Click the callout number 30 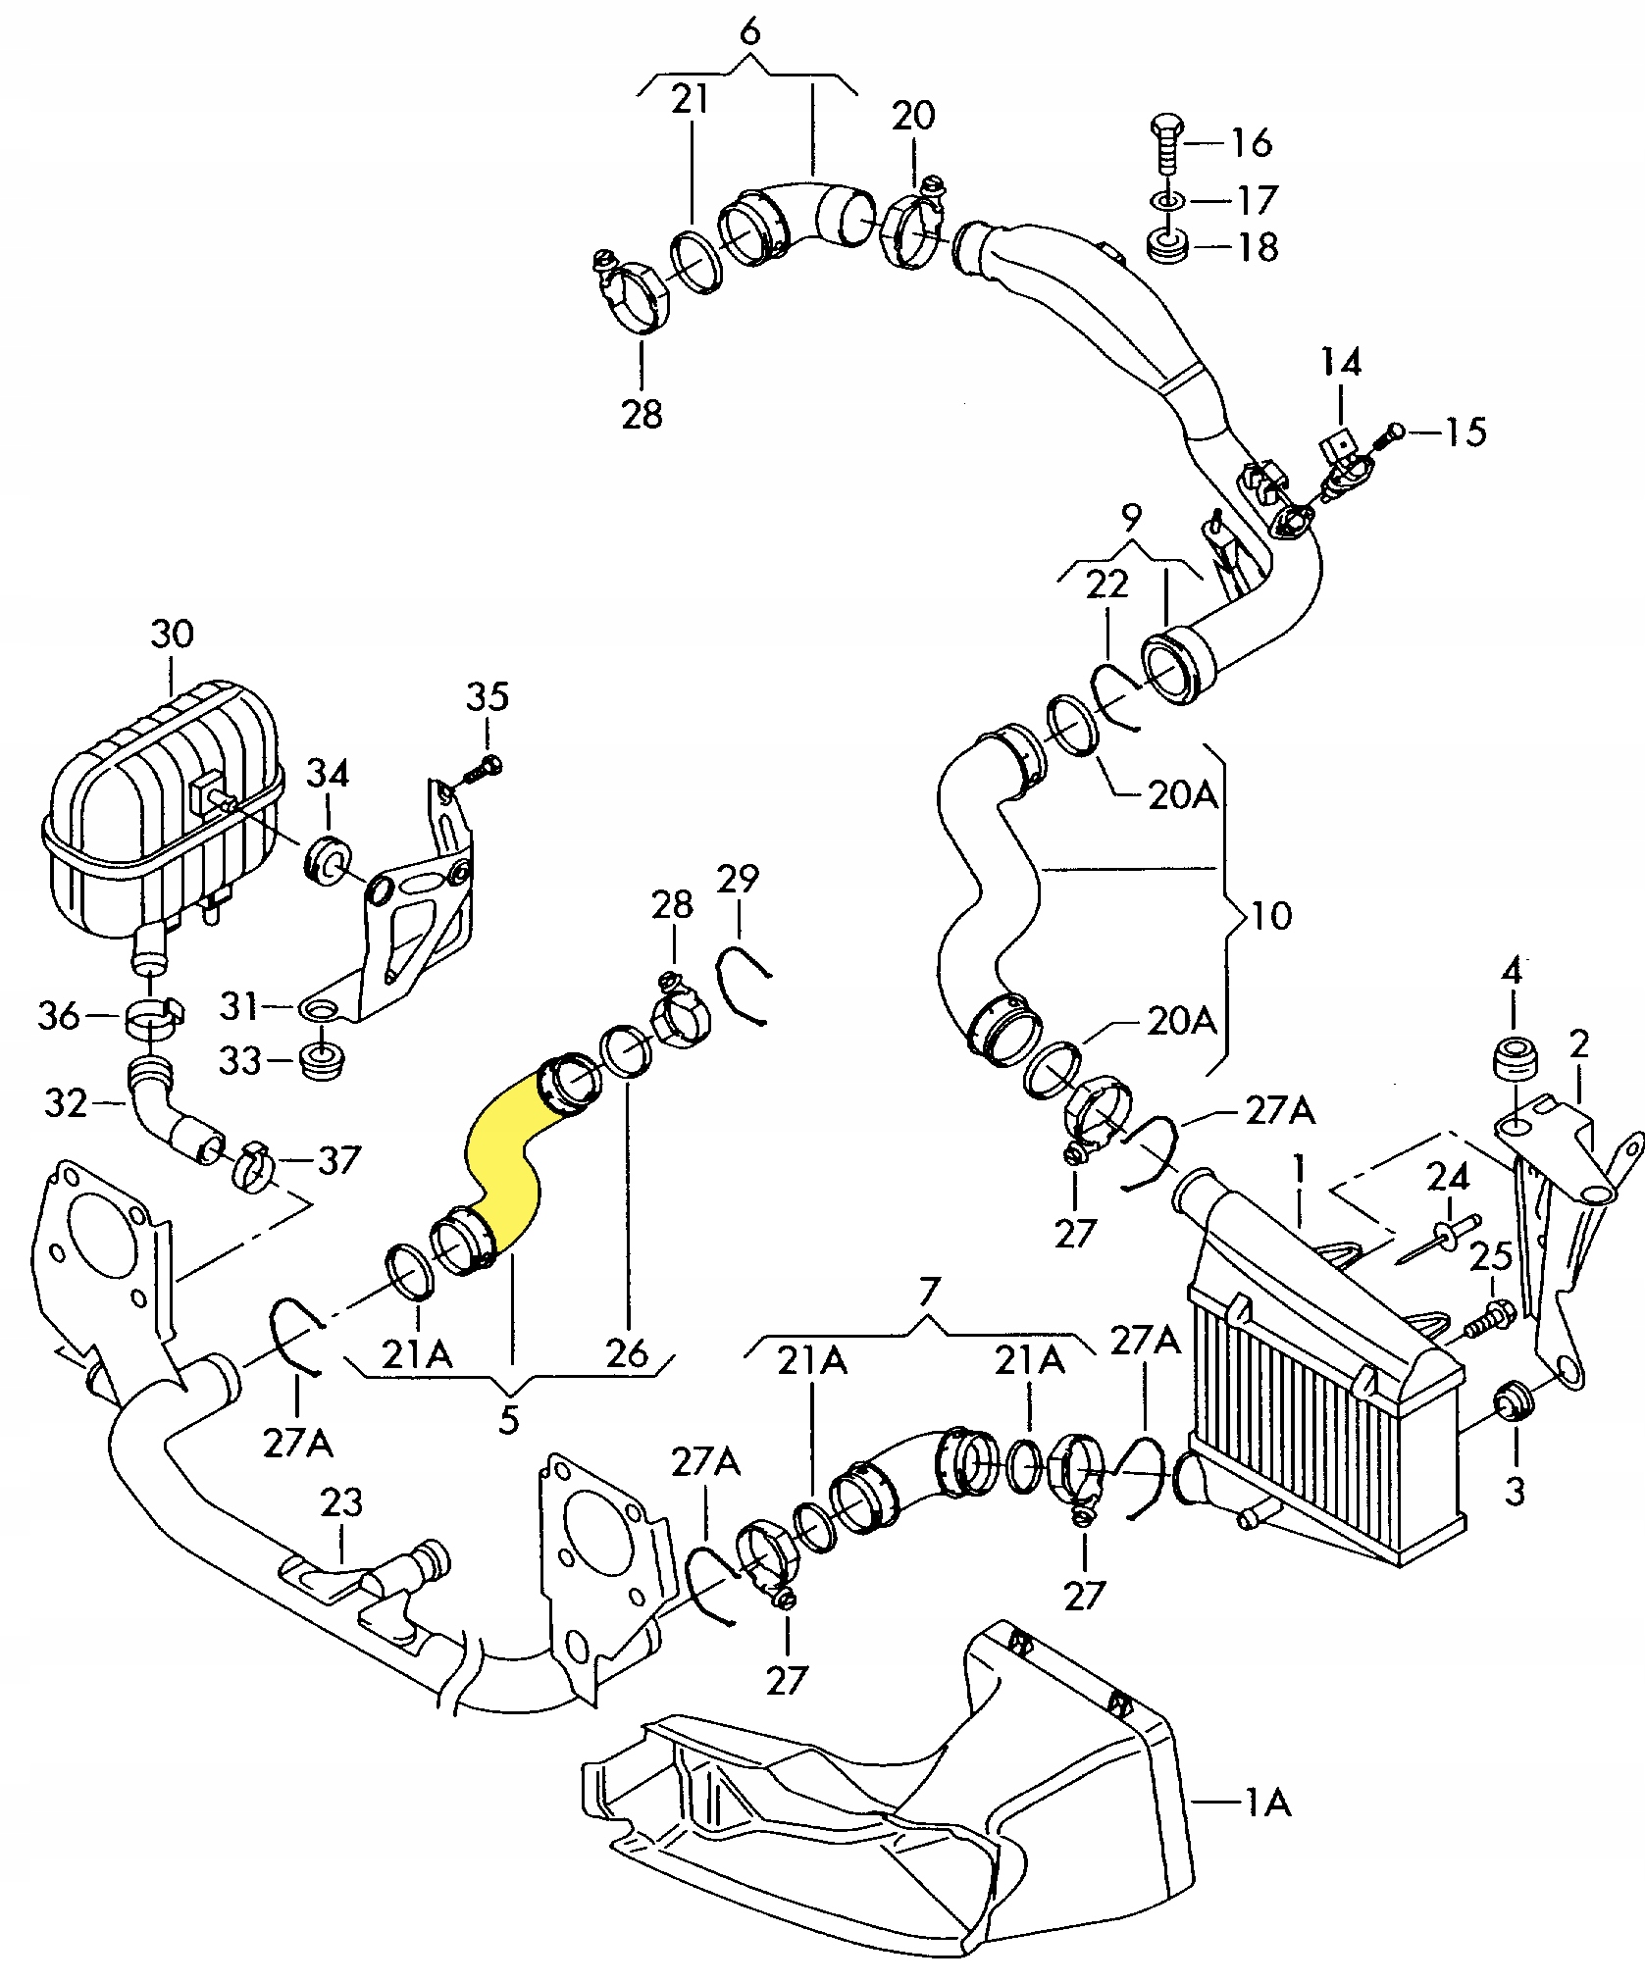pos(173,634)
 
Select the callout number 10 pos(1271,916)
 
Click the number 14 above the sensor pos(1341,362)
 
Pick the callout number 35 pos(488,697)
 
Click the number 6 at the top pos(748,32)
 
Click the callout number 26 pos(628,1352)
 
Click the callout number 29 pos(738,879)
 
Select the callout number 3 pos(1516,1492)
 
